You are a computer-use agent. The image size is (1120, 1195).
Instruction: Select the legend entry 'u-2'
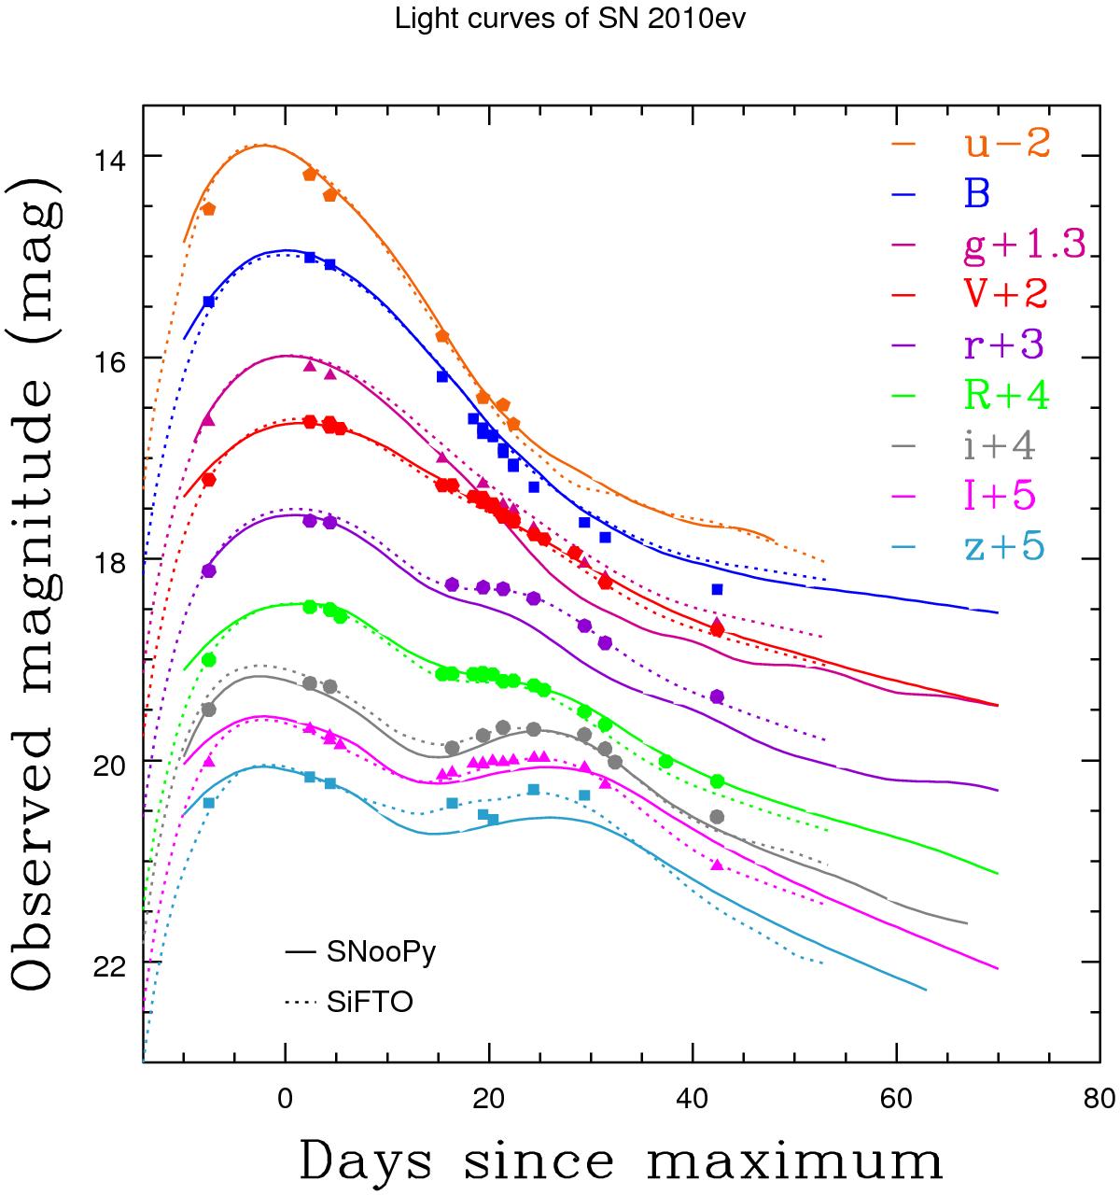(x=1007, y=145)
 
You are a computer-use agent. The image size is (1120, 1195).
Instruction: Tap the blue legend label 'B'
(x=977, y=194)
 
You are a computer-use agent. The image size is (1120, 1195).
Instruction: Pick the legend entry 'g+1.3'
(x=1024, y=245)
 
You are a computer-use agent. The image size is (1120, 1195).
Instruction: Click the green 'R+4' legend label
(x=1007, y=394)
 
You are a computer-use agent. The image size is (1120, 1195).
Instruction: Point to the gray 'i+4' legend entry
(x=1000, y=444)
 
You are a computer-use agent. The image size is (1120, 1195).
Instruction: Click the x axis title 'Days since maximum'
(x=621, y=1160)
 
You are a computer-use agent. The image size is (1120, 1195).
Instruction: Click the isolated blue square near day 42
(x=717, y=589)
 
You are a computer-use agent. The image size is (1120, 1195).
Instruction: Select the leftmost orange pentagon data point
(x=208, y=209)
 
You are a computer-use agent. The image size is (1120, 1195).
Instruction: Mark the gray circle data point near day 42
(x=717, y=817)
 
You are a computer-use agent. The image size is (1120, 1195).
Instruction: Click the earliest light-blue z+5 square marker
(x=209, y=803)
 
